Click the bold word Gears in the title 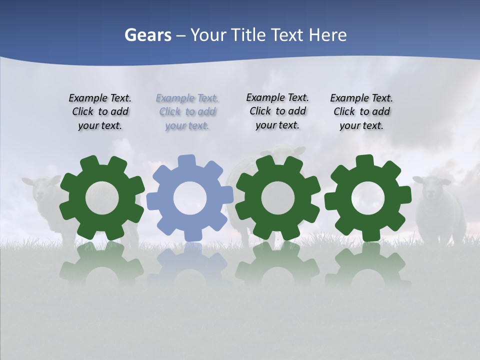147,35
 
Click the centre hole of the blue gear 190,198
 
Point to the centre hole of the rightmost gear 367,198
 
